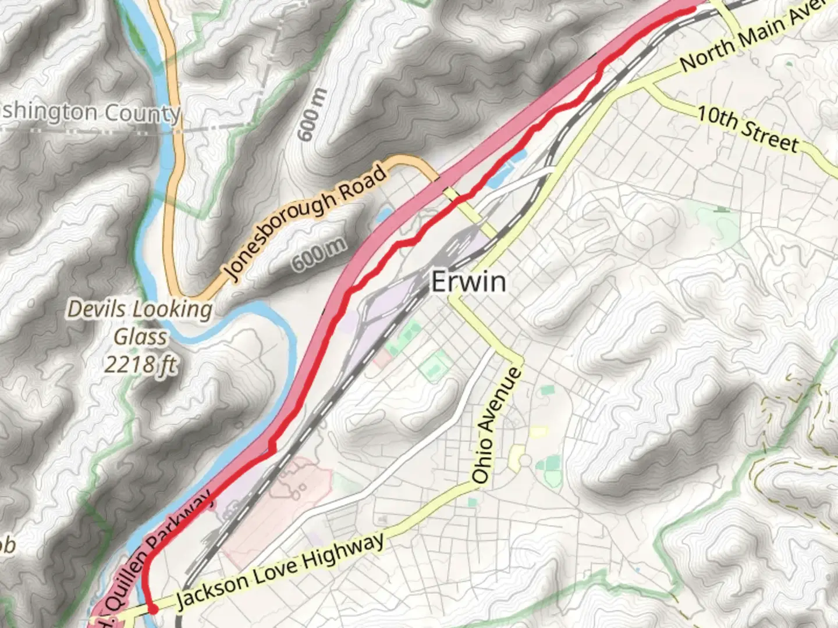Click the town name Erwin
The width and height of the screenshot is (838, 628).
(468, 282)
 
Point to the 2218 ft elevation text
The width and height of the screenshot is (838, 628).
(140, 365)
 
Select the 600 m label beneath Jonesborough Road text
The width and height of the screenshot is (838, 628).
(318, 255)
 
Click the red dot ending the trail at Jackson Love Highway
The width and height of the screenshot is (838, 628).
(153, 609)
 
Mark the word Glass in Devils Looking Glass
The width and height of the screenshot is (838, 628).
(140, 337)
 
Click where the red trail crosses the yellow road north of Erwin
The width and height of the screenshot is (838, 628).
(460, 199)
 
